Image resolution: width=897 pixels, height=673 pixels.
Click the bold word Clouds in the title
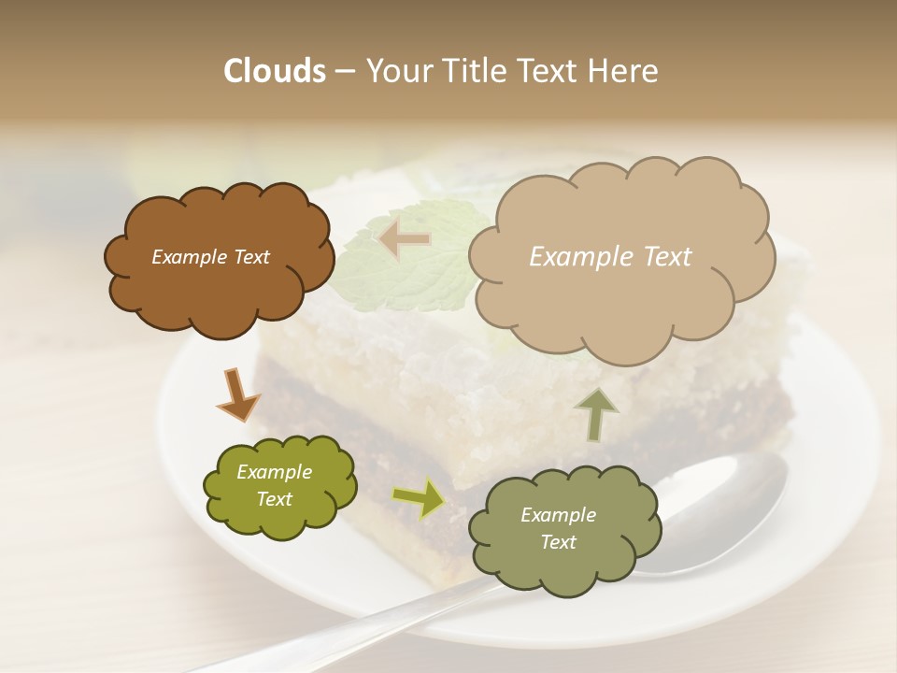pyautogui.click(x=274, y=71)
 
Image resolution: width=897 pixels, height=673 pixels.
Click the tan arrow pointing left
pyautogui.click(x=405, y=239)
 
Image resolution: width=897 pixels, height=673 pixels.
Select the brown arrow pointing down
pyautogui.click(x=237, y=394)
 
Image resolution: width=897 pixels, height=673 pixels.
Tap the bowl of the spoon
pyautogui.click(x=724, y=514)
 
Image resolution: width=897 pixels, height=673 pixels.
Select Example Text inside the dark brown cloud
pyautogui.click(x=210, y=257)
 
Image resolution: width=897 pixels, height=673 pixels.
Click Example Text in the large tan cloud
pyautogui.click(x=610, y=257)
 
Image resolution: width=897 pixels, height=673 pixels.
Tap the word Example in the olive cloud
pyautogui.click(x=274, y=472)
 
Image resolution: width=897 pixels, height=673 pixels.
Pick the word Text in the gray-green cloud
pyautogui.click(x=558, y=542)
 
